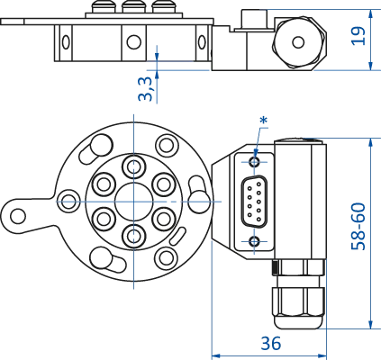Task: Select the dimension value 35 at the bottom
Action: [x=269, y=342]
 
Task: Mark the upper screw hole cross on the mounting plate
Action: [x=254, y=166]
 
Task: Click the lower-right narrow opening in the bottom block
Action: [x=313, y=303]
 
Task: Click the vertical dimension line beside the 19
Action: [x=370, y=36]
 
